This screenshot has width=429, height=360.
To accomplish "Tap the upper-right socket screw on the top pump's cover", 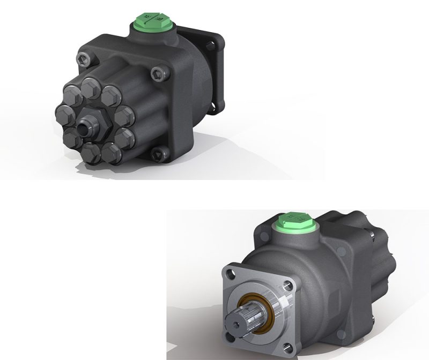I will pos(157,72).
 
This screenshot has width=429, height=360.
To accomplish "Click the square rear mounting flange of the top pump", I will pos(212,70).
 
